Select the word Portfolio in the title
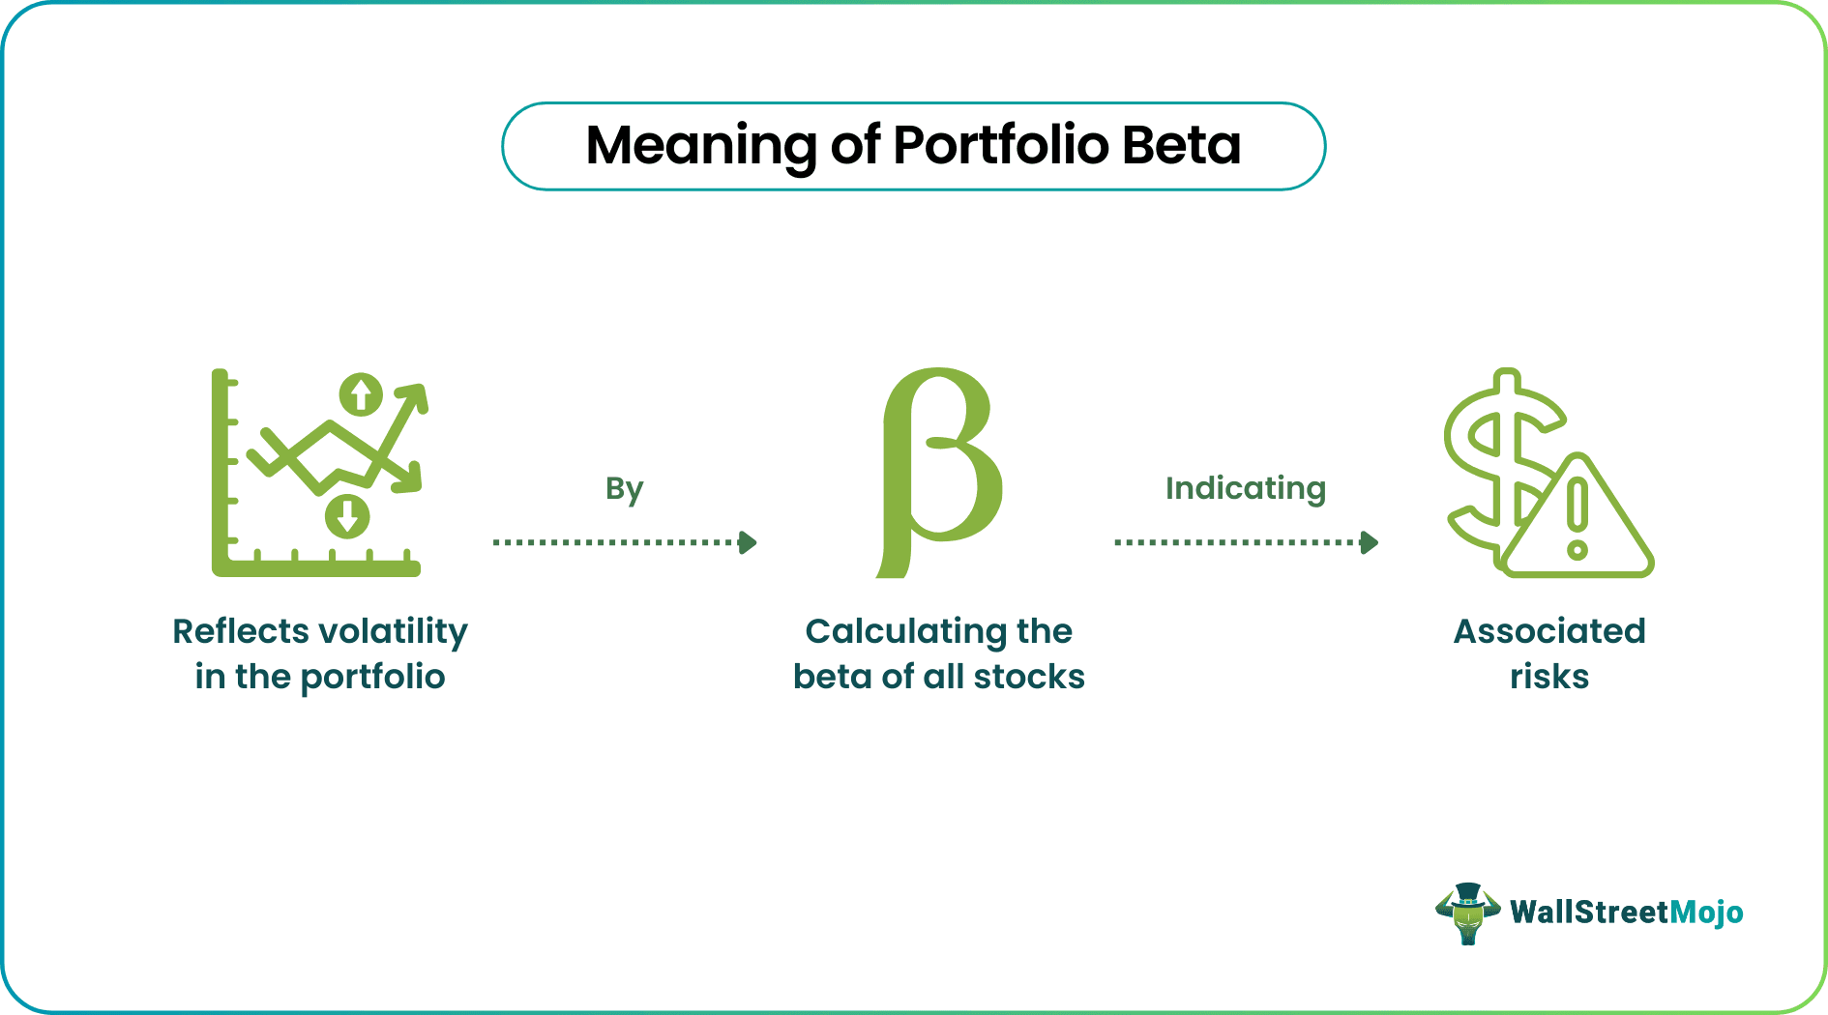click(1000, 146)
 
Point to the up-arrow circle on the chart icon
click(361, 394)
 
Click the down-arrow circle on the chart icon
click(347, 516)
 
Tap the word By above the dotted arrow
click(624, 489)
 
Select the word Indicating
click(1245, 488)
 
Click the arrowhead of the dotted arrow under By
click(747, 542)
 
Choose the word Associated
click(1549, 631)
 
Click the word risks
click(1549, 677)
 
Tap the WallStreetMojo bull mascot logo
click(1467, 913)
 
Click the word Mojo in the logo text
click(1706, 913)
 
